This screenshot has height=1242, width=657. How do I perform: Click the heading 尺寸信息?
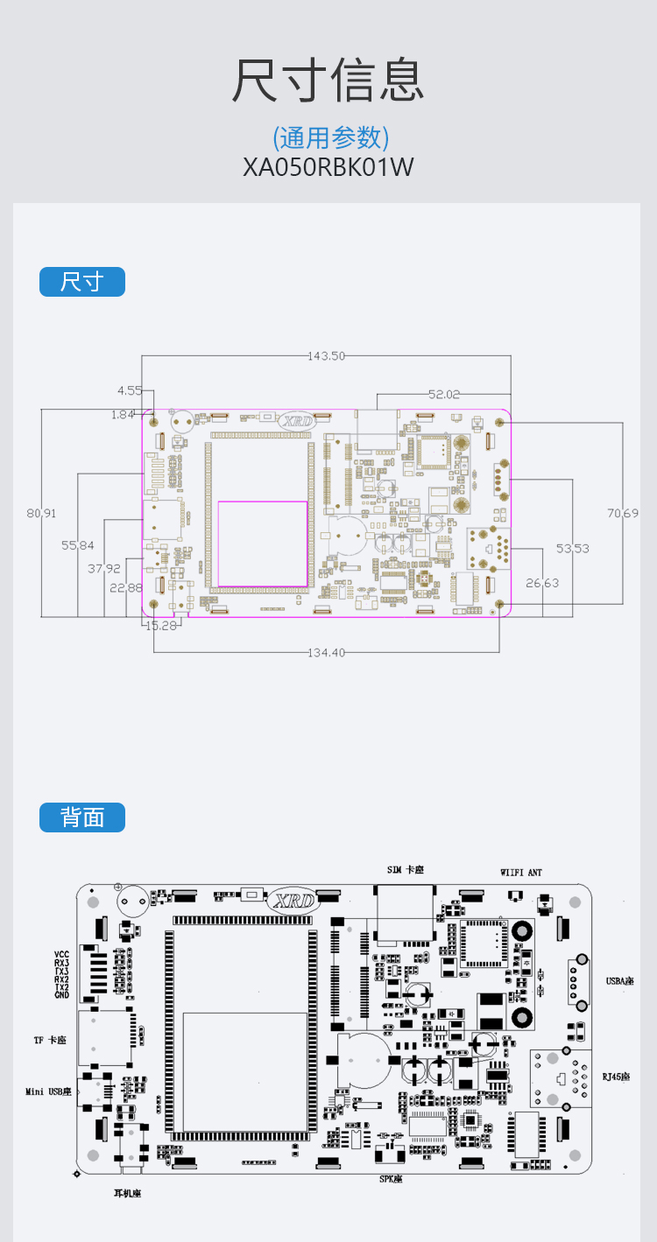tap(328, 81)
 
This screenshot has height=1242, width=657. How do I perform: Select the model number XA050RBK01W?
tap(328, 166)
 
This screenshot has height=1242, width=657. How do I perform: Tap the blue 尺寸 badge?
tap(82, 282)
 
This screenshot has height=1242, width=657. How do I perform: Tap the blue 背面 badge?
tap(82, 817)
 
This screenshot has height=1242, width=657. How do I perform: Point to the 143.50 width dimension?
tap(327, 355)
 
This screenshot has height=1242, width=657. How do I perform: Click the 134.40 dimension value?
tap(326, 652)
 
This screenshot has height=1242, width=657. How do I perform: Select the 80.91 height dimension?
tap(41, 513)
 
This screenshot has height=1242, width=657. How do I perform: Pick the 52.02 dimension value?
tap(443, 395)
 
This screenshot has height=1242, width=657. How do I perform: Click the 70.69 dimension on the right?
tap(623, 512)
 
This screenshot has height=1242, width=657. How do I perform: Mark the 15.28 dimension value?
tap(161, 625)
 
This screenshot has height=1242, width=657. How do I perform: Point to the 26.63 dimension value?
tap(541, 583)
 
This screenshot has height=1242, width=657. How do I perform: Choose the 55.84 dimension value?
tap(78, 545)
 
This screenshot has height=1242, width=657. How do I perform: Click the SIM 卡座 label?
tap(406, 869)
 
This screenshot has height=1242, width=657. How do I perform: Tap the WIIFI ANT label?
tap(521, 873)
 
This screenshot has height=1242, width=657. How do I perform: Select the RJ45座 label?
tap(616, 1076)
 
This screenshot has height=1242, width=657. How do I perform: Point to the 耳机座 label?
tap(127, 1193)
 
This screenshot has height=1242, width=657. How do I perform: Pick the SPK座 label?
tap(391, 1179)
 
